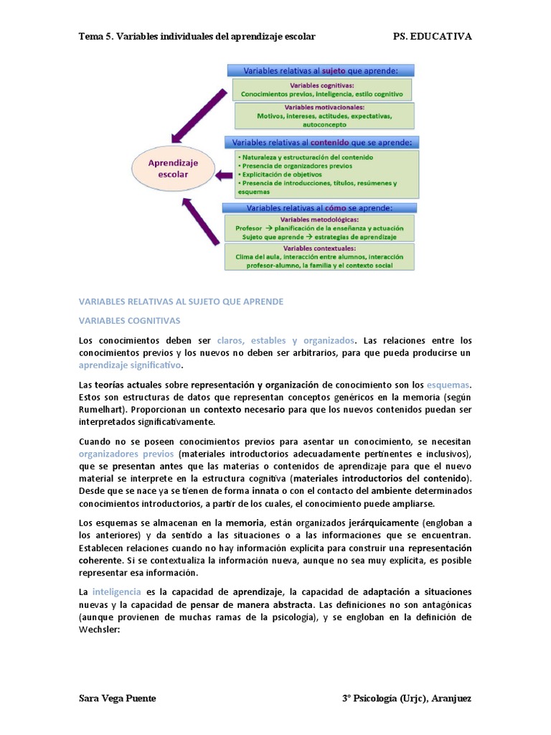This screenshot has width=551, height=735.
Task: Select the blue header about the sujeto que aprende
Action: (321, 70)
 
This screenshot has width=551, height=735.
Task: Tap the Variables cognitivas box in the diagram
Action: (321, 89)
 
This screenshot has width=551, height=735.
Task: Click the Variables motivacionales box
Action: (324, 115)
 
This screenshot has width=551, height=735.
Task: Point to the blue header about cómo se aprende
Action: (319, 208)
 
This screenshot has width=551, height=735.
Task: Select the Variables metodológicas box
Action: (320, 228)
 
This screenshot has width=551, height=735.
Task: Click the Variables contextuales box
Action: (320, 256)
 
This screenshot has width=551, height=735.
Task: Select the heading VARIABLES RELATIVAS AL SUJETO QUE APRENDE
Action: (181, 301)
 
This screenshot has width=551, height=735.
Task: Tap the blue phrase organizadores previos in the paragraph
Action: (126, 454)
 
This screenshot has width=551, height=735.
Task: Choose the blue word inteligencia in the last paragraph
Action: (117, 592)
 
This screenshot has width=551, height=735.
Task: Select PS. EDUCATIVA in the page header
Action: (433, 37)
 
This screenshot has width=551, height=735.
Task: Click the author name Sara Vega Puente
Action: (117, 698)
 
